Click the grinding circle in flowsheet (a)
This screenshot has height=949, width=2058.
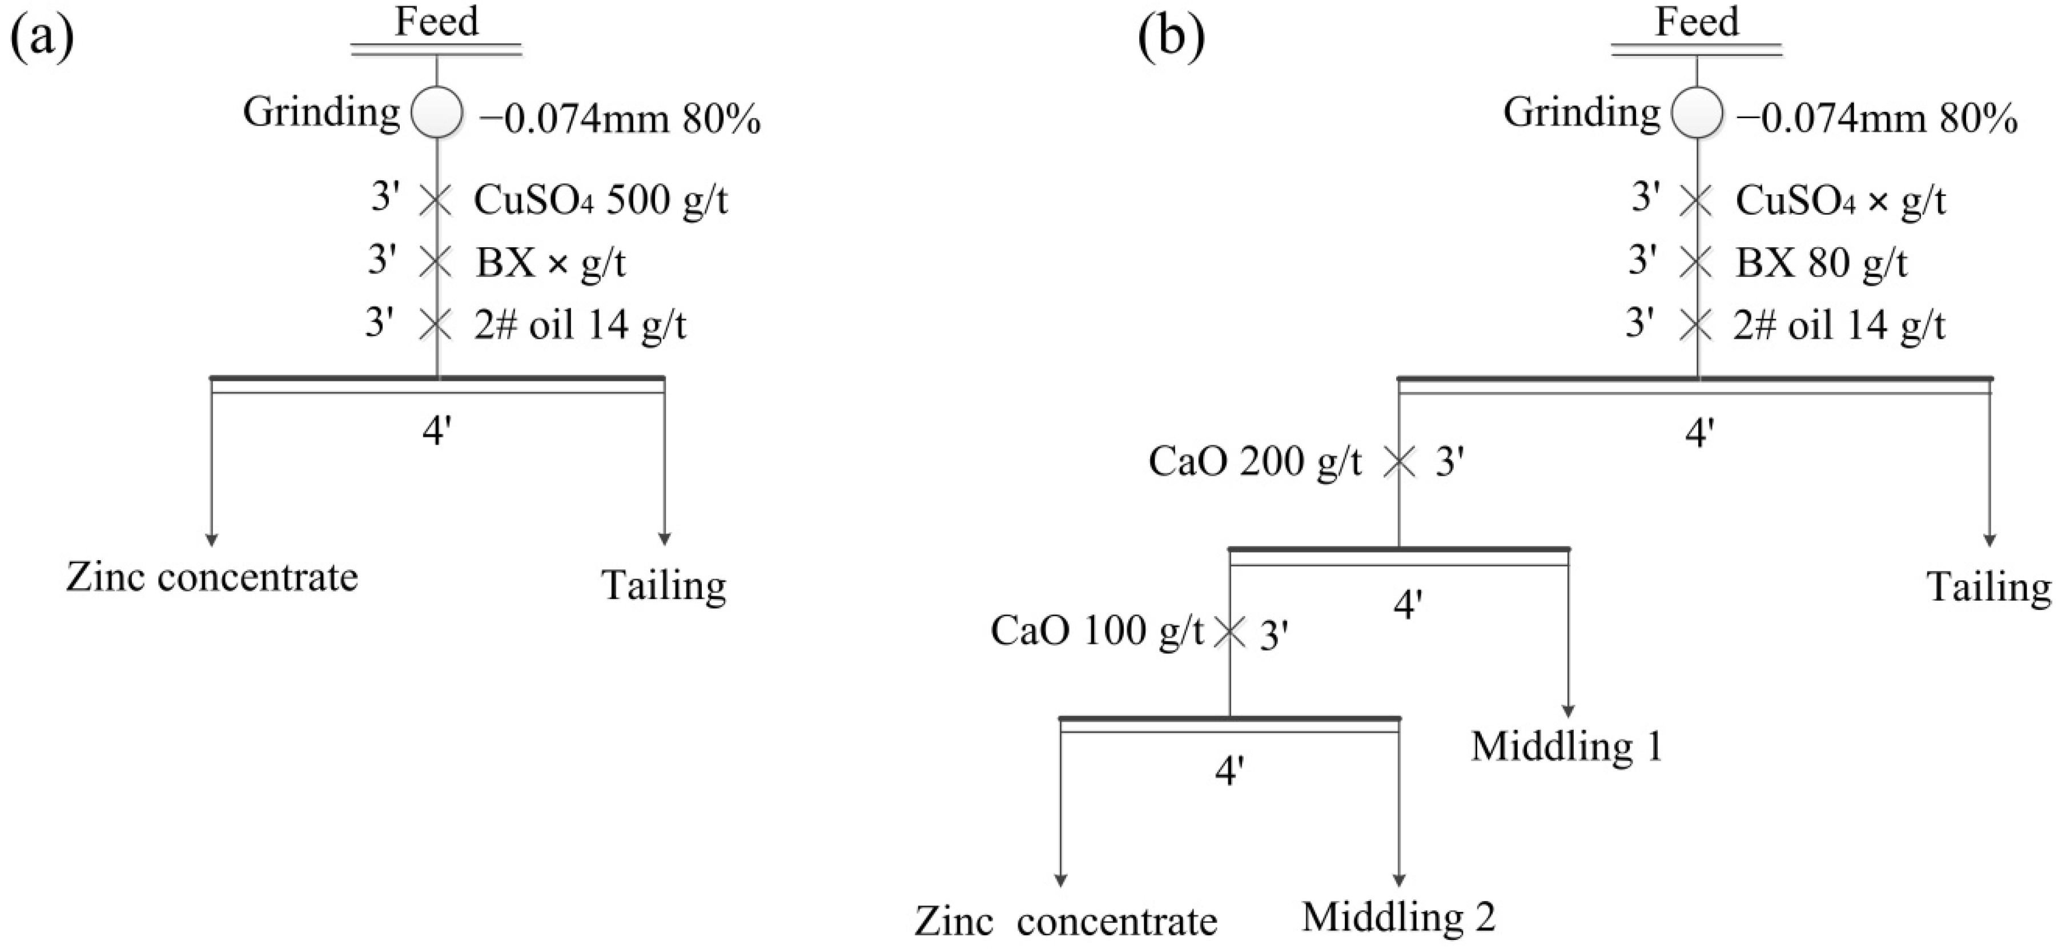pyautogui.click(x=437, y=112)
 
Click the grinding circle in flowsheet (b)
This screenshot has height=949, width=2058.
pyautogui.click(x=1697, y=112)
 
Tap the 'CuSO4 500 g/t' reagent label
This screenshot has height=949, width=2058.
pyautogui.click(x=600, y=200)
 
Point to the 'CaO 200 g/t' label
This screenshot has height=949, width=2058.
pyautogui.click(x=1255, y=462)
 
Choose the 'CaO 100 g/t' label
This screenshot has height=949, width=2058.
pyautogui.click(x=1096, y=631)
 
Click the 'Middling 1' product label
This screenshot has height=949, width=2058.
pyautogui.click(x=1567, y=747)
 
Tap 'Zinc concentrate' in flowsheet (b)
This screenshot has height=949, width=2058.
pyautogui.click(x=1066, y=922)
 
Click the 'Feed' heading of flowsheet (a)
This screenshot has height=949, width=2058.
pyautogui.click(x=436, y=22)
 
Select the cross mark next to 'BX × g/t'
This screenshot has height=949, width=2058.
pyautogui.click(x=436, y=262)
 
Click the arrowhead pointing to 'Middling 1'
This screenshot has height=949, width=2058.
pyautogui.click(x=1568, y=711)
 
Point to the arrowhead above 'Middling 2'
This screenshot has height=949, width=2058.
pyautogui.click(x=1399, y=880)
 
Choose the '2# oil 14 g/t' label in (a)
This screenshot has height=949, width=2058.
pyautogui.click(x=580, y=325)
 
